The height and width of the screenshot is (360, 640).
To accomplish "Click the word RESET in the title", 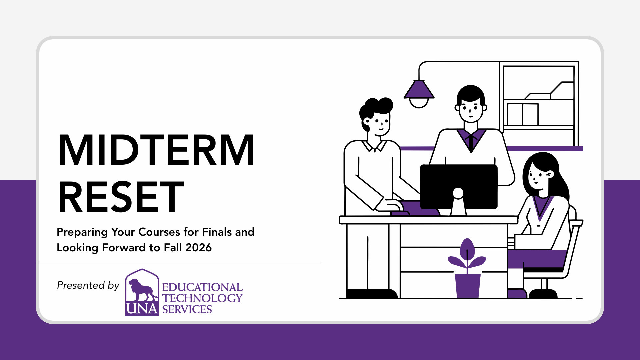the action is click(121, 197).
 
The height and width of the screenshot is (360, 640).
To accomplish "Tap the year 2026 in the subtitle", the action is click(199, 248).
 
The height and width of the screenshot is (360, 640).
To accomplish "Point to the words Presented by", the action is click(88, 285).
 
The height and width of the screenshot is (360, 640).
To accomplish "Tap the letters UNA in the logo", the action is click(142, 309).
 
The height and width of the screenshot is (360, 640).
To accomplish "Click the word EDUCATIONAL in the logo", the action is click(202, 287).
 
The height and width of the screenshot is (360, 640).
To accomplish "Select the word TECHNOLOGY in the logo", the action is click(202, 298).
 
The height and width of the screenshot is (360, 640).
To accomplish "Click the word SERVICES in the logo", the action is click(187, 309).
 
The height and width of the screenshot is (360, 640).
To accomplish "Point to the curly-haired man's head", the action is click(376, 117).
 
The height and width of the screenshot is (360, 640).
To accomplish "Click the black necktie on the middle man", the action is click(471, 142).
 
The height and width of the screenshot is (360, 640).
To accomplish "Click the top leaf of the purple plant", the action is click(467, 249).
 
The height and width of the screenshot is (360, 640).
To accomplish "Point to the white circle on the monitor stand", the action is click(458, 193).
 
